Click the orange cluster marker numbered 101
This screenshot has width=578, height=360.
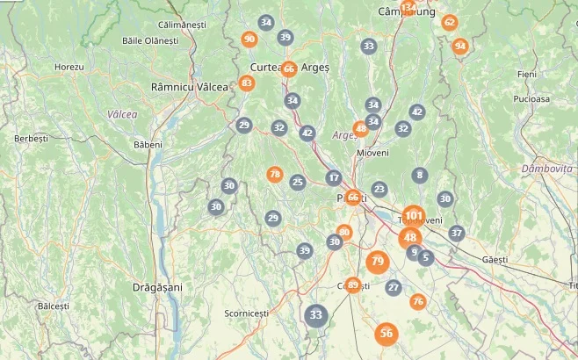tap(414, 215)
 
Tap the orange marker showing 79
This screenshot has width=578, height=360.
tap(378, 261)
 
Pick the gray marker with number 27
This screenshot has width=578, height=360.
tap(393, 287)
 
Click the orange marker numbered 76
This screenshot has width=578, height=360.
tap(418, 301)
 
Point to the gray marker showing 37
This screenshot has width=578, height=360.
tap(456, 233)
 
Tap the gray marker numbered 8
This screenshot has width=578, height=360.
tap(420, 176)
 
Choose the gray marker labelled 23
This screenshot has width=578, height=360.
tap(379, 189)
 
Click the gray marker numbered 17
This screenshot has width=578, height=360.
tap(333, 177)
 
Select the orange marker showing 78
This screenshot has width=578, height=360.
tap(275, 175)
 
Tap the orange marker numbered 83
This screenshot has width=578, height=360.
tap(247, 83)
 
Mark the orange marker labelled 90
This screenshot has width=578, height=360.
tap(249, 39)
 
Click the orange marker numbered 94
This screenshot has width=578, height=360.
tap(460, 47)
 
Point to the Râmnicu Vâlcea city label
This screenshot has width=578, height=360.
tap(189, 87)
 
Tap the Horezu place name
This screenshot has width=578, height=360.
tap(69, 67)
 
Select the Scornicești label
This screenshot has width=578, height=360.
tap(246, 313)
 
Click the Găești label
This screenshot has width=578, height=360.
tap(495, 260)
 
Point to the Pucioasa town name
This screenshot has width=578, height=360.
tap(532, 99)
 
